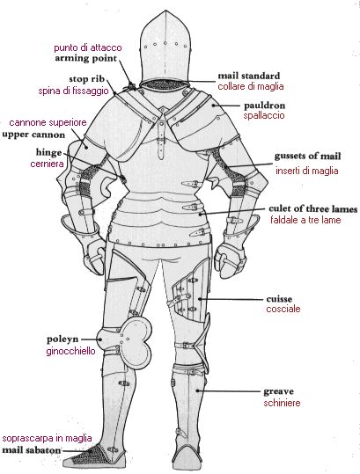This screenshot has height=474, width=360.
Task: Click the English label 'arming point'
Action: click(85, 58)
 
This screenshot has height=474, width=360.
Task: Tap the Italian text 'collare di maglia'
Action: click(251, 86)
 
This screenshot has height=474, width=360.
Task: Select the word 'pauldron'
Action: click(264, 106)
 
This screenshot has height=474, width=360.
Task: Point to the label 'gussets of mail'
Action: click(308, 157)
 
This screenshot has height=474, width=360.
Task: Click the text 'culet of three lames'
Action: click(313, 209)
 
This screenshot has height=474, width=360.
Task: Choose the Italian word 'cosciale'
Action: click(283, 309)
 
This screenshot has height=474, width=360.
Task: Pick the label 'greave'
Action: click(279, 392)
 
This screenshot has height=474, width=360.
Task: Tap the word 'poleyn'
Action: click(62, 339)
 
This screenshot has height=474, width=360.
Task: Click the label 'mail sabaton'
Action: click(32, 450)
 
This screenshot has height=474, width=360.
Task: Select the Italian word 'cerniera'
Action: click(48, 164)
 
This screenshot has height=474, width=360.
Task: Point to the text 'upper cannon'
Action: click(33, 135)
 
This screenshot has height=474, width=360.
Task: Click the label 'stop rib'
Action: click(87, 79)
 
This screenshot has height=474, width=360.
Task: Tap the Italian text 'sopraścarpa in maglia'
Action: click(47, 438)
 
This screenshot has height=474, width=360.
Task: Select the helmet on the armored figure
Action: click(165, 48)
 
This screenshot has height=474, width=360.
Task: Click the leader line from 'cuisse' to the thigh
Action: click(231, 299)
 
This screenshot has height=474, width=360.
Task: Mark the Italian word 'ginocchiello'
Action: click(70, 352)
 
